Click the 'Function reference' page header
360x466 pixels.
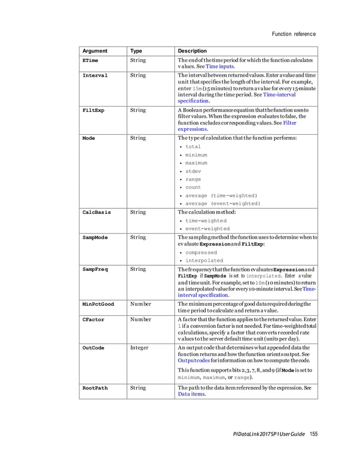tap(293, 34)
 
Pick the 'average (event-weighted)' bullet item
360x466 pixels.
tap(222, 203)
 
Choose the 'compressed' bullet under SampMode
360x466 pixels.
tap(201, 253)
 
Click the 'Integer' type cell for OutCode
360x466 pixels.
tap(139, 348)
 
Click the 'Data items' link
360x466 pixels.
tap(191, 394)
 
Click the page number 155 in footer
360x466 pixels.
tap(314, 433)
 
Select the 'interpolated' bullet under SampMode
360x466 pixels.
tap(204, 261)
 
